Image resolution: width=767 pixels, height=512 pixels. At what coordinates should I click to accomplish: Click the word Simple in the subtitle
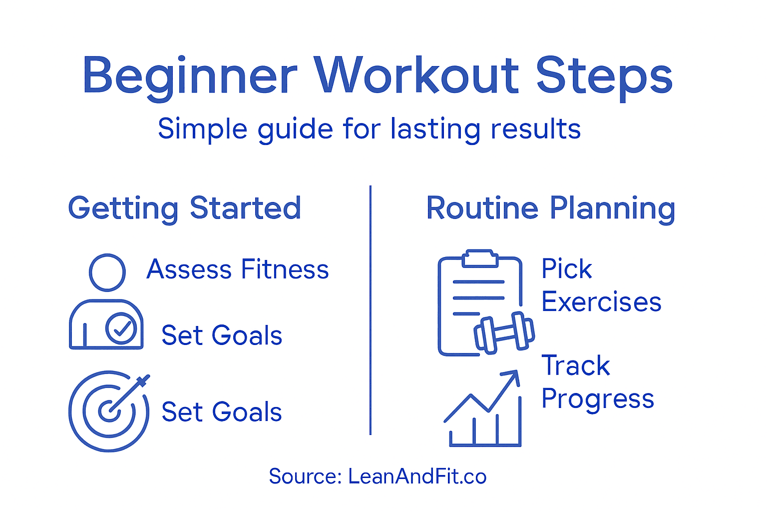click(x=202, y=129)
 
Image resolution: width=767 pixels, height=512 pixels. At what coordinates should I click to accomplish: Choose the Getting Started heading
click(x=184, y=208)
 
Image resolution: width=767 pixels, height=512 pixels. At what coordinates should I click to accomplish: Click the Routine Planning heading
click(x=550, y=208)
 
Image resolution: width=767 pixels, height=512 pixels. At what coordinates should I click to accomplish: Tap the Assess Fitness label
click(x=238, y=269)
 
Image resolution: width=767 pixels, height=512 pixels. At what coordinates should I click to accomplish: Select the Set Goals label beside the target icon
click(x=222, y=412)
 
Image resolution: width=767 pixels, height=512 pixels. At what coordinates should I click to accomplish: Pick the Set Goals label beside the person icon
click(x=222, y=335)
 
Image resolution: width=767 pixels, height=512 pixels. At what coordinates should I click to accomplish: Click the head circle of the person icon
click(x=107, y=272)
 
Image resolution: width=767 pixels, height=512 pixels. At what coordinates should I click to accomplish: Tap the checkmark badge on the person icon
click(x=121, y=328)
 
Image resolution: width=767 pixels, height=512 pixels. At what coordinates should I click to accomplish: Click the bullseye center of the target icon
click(x=108, y=411)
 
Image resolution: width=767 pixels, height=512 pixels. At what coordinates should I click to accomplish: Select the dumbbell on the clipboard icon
click(x=504, y=332)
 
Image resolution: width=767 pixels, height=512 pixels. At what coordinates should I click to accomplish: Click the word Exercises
click(x=601, y=302)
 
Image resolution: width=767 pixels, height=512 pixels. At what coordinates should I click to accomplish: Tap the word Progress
click(x=598, y=399)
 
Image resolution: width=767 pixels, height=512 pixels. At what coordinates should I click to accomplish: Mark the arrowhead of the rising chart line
click(x=513, y=376)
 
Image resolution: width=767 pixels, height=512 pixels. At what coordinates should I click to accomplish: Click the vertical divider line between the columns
click(x=371, y=310)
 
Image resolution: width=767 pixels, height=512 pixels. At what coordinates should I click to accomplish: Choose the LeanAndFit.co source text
click(x=417, y=476)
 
